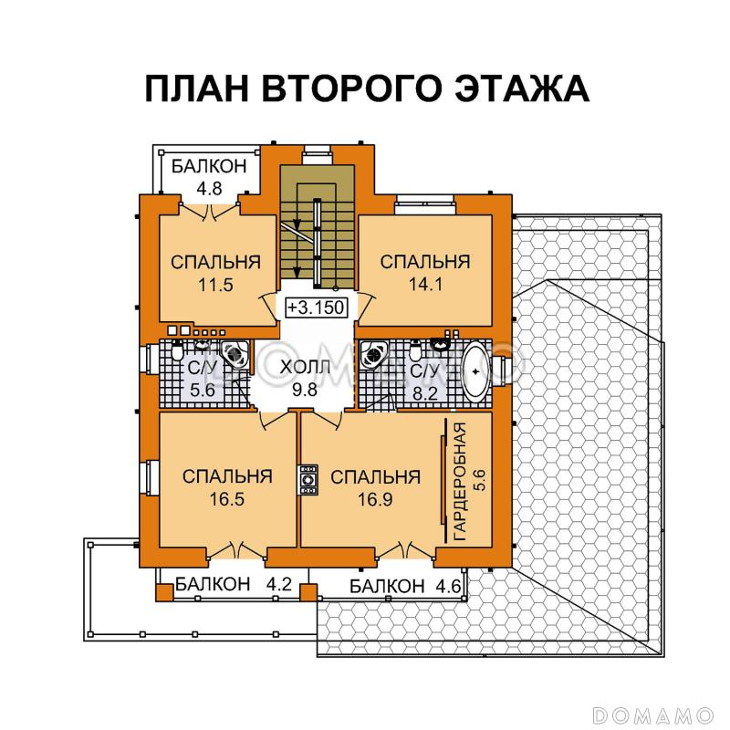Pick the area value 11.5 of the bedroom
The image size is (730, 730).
[x=215, y=284]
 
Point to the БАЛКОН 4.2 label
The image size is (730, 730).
[x=220, y=585]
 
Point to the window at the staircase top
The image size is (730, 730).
[x=317, y=151]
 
